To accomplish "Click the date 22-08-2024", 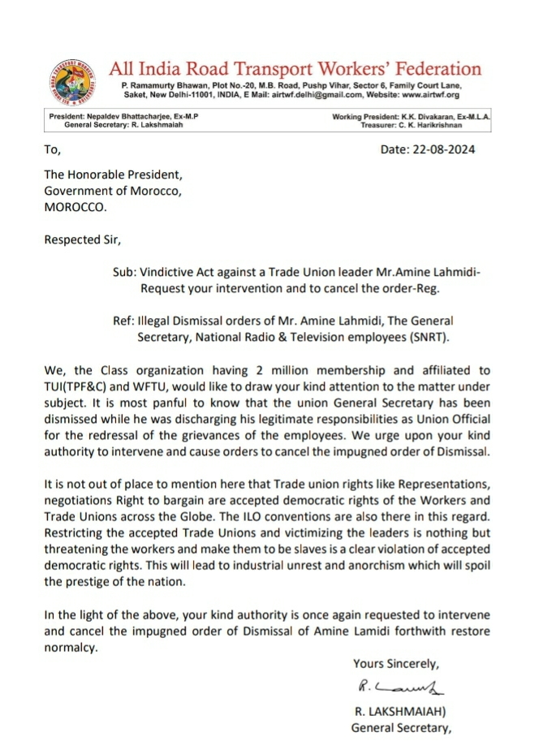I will pyautogui.click(x=446, y=149).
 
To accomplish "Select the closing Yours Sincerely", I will pyautogui.click(x=395, y=664).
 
